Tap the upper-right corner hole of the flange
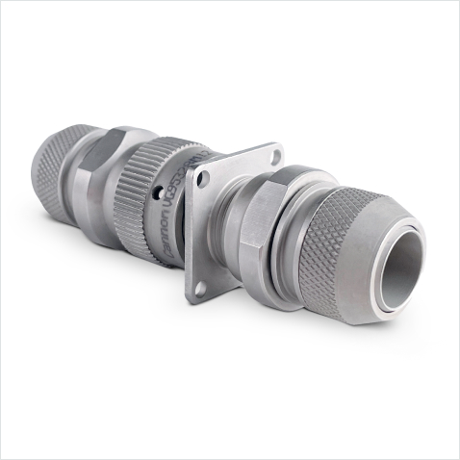pos(274,155)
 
